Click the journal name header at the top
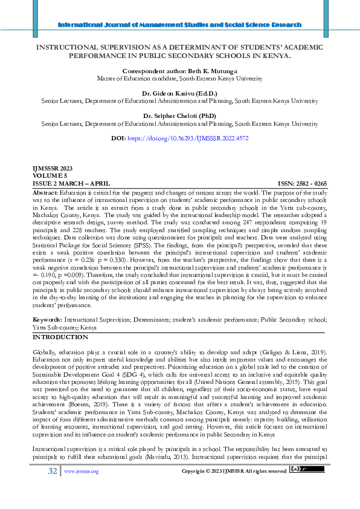[179, 25]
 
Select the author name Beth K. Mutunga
[180, 71]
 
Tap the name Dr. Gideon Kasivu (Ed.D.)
[180, 94]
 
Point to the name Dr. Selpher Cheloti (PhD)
[180, 116]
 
